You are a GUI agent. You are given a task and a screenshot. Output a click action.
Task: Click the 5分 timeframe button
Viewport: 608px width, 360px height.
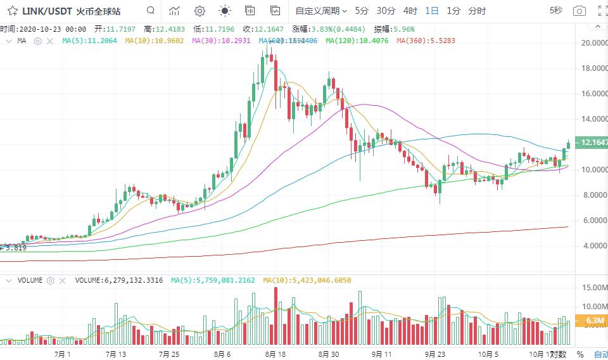pos(362,11)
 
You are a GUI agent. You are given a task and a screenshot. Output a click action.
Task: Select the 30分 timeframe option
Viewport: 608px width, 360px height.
pos(386,11)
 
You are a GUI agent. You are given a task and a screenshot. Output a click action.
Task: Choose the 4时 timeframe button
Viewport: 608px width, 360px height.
pos(410,11)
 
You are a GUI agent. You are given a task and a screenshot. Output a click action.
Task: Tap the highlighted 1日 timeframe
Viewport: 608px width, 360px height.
pos(432,11)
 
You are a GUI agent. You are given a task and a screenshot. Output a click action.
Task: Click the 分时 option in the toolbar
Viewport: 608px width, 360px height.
pos(477,11)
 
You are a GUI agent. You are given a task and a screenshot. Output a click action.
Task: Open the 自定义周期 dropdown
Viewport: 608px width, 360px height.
pos(321,11)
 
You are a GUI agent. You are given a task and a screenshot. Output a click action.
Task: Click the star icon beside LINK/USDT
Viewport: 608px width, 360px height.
pos(12,11)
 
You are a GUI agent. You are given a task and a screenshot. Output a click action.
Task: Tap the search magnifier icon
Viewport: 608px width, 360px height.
pos(150,11)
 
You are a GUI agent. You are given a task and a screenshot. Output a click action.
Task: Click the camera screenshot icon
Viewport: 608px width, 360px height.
pos(579,11)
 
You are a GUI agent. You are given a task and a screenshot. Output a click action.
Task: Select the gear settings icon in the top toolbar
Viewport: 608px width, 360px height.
pos(199,11)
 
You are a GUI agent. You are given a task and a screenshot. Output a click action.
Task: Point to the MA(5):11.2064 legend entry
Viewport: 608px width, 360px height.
pos(89,41)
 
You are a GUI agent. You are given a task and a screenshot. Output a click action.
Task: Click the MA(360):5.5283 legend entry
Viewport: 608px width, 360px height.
pos(426,41)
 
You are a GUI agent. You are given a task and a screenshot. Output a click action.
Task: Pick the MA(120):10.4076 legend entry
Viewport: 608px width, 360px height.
pos(357,41)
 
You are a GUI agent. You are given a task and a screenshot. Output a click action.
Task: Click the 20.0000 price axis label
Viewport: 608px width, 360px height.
pos(594,43)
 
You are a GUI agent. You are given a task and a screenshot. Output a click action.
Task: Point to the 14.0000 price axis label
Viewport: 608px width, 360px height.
pos(594,119)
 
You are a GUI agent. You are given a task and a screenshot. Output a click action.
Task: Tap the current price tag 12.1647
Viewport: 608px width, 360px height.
pos(595,143)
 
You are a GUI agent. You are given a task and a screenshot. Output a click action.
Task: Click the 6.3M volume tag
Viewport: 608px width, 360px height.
pos(595,321)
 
